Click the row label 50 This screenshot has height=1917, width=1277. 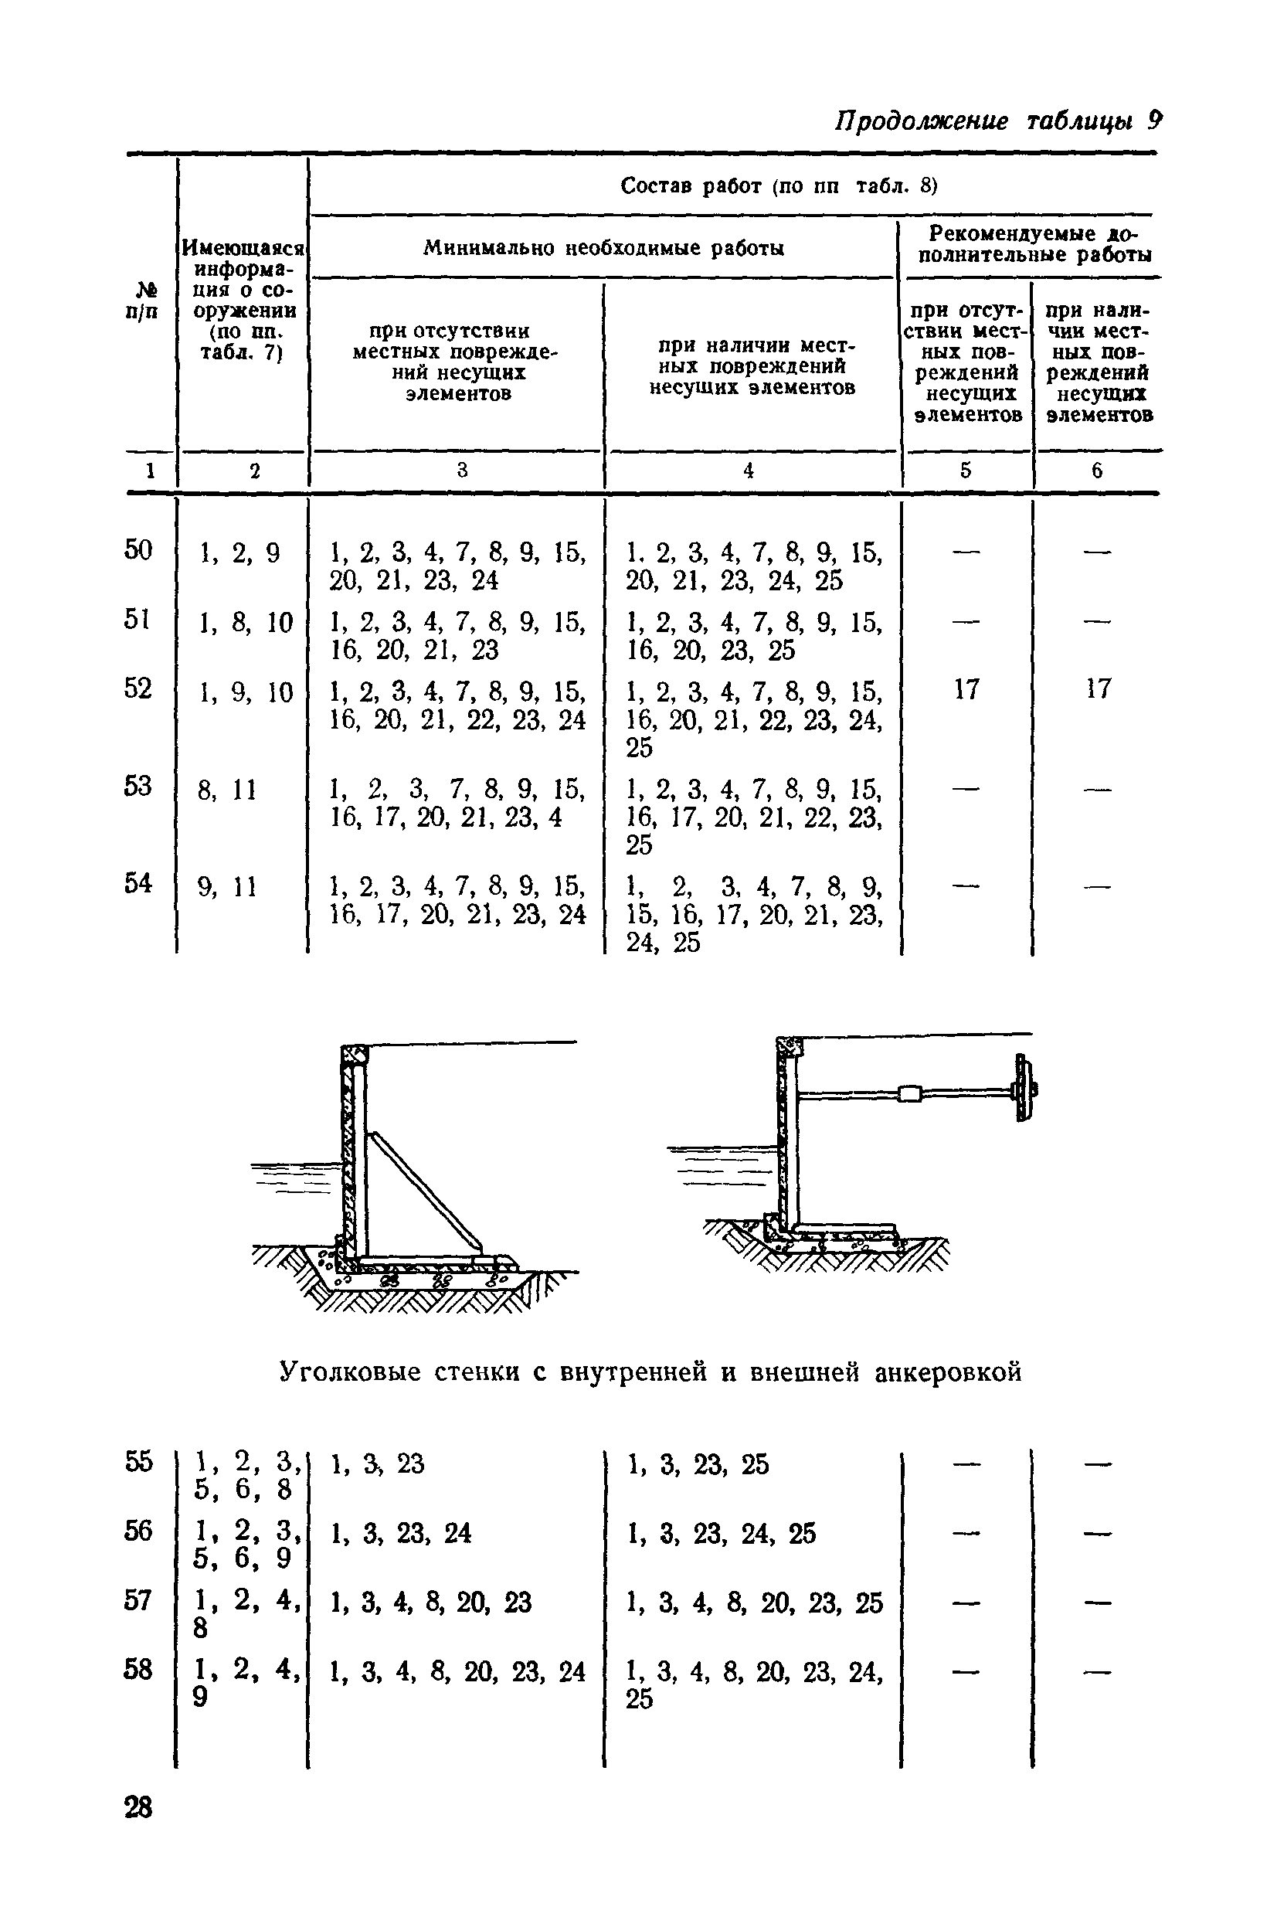click(x=138, y=550)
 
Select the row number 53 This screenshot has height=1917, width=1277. click(x=138, y=787)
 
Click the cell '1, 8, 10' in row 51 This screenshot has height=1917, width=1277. click(x=245, y=623)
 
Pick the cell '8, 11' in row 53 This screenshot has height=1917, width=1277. click(x=227, y=790)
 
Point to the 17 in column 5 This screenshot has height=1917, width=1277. click(x=966, y=690)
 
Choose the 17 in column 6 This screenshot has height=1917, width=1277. click(x=1097, y=690)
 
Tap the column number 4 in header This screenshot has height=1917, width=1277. click(x=749, y=471)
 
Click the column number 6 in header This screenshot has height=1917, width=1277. click(x=1097, y=471)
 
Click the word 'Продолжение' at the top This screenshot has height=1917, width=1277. click(x=921, y=122)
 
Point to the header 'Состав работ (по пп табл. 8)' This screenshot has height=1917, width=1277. click(x=779, y=186)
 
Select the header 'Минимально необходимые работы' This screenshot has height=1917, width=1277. click(x=603, y=248)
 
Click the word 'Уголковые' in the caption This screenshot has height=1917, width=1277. click(x=350, y=1373)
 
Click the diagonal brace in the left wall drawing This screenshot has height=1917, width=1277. click(x=423, y=1191)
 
